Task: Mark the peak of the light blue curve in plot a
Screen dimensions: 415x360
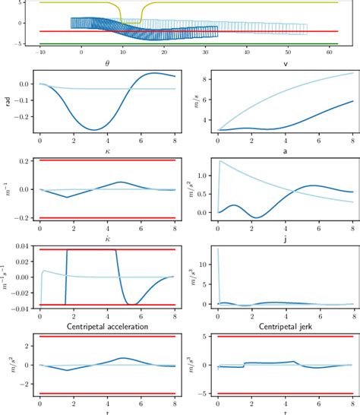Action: click(x=221, y=161)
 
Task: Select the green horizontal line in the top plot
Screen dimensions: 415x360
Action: click(x=190, y=44)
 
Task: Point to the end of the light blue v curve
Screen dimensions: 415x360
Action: click(x=352, y=73)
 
